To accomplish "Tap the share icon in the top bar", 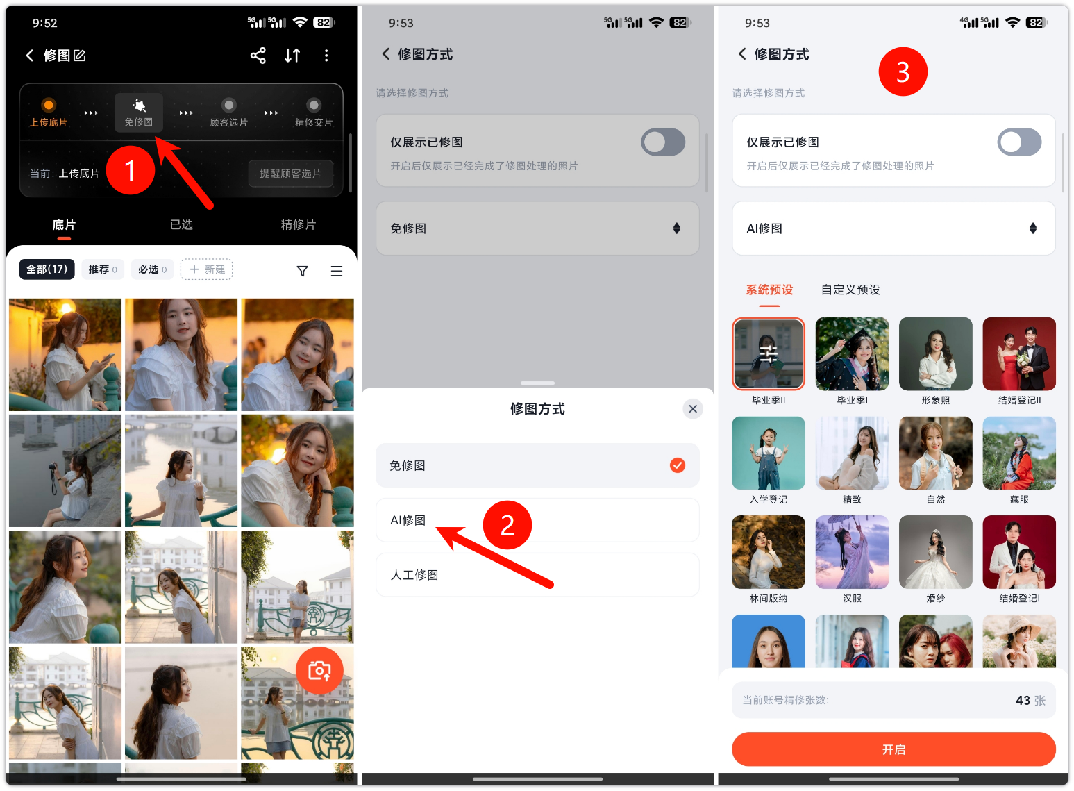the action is tap(258, 56).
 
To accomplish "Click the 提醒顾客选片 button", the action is tap(291, 173).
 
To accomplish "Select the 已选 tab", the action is tap(181, 224).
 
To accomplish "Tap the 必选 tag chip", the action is tap(153, 269).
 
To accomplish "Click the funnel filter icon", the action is tap(303, 271).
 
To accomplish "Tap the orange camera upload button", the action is tap(319, 671).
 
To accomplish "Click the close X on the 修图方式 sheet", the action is tap(693, 409).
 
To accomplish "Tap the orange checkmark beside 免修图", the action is tap(678, 465).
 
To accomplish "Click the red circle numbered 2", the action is tap(507, 525).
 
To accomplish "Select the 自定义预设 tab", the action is tap(850, 290).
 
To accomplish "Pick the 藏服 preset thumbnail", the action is tap(1019, 453).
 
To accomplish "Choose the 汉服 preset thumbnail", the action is tap(852, 552).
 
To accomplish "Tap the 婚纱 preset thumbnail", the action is tap(935, 552).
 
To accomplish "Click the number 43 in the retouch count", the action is tap(1023, 701).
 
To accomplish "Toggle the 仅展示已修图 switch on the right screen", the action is tap(1019, 142).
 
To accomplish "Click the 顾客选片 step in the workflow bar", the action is tap(228, 113).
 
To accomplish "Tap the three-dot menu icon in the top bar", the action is tap(326, 56).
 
